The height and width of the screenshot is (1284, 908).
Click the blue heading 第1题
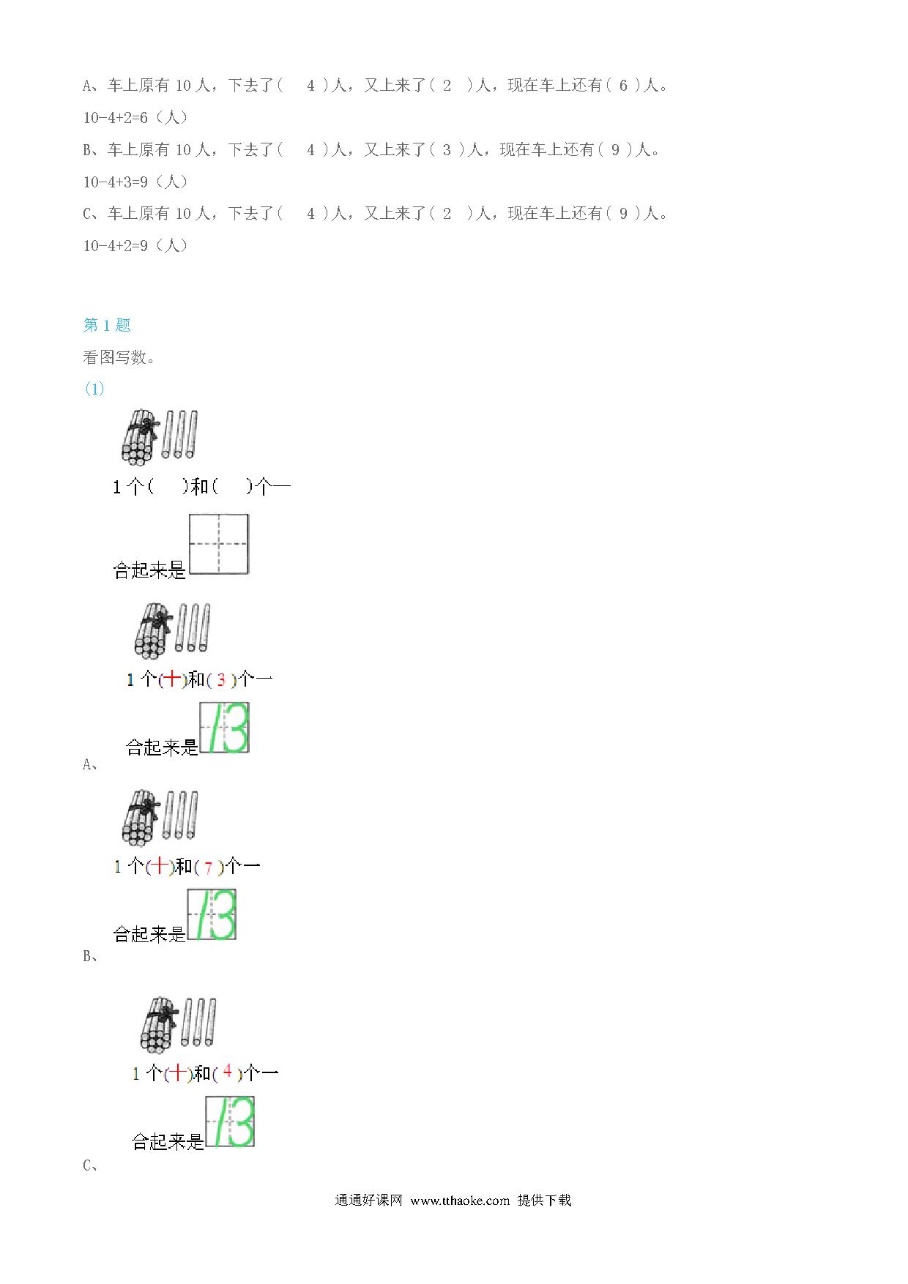pyautogui.click(x=107, y=325)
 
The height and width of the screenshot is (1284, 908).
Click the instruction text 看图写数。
pyautogui.click(x=119, y=357)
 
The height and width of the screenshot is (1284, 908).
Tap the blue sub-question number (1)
pyautogui.click(x=94, y=389)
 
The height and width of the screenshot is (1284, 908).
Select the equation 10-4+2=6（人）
pyautogui.click(x=135, y=117)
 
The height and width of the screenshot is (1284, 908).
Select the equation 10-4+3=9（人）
pyautogui.click(x=135, y=182)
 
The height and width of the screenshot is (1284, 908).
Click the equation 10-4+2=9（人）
pyautogui.click(x=135, y=245)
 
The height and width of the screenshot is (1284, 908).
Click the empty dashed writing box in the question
pyautogui.click(x=219, y=544)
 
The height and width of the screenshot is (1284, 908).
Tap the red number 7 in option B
pyautogui.click(x=209, y=868)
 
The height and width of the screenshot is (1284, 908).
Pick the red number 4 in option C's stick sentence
pyautogui.click(x=228, y=1071)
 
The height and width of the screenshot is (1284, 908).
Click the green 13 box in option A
pyautogui.click(x=225, y=728)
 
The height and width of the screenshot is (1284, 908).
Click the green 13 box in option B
pyautogui.click(x=212, y=914)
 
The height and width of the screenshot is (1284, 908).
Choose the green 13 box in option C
pyautogui.click(x=230, y=1121)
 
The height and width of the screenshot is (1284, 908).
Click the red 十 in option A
pyautogui.click(x=171, y=679)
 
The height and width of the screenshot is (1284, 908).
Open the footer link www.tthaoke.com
pyautogui.click(x=460, y=1201)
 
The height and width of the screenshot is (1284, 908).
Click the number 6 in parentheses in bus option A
pyautogui.click(x=623, y=86)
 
